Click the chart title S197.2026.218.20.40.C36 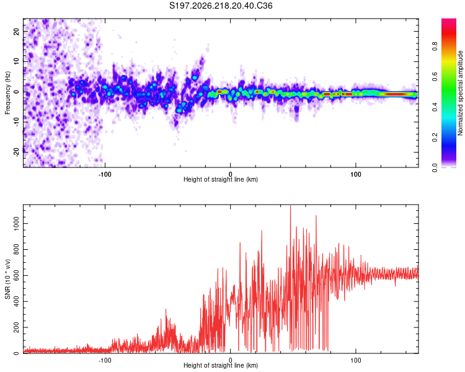[x=221, y=6]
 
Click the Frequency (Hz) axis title [x=7, y=93]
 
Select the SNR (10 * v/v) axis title [x=7, y=279]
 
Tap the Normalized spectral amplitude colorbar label [x=460, y=93]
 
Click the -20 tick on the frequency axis [x=17, y=153]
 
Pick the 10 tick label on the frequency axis [x=17, y=61]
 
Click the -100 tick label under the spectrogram [x=105, y=174]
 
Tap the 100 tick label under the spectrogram [x=356, y=174]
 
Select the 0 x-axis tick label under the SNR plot [x=230, y=360]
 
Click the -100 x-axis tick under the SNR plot [x=105, y=360]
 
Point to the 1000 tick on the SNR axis [x=17, y=224]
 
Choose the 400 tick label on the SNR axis [x=17, y=301]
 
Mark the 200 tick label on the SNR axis [x=17, y=327]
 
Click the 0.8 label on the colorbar [x=435, y=46]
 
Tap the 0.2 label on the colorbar [x=435, y=137]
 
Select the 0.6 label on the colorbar [x=435, y=76]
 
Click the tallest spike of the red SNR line [x=290, y=205]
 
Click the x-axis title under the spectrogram [x=221, y=179]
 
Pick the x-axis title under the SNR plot [x=221, y=365]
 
